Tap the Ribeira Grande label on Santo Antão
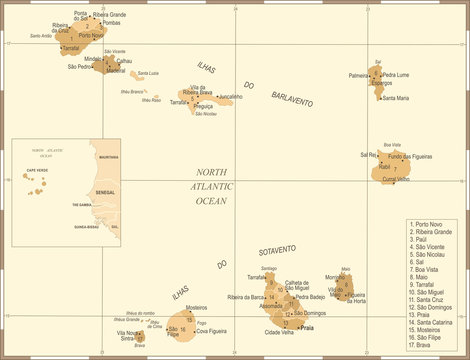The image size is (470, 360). coord(110,15)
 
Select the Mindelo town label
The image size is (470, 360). coord(93,58)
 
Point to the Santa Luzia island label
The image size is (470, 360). coord(148,73)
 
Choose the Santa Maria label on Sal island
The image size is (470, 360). coord(396,98)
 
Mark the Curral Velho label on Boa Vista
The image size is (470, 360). coord(396,178)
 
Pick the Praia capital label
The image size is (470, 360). coord(308,326)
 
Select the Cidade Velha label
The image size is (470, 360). coord(279,331)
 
